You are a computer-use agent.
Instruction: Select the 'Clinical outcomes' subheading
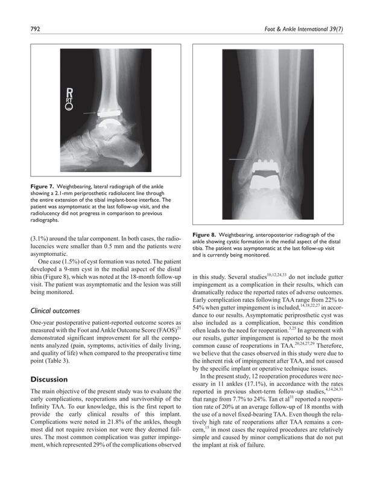(x=55, y=311)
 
